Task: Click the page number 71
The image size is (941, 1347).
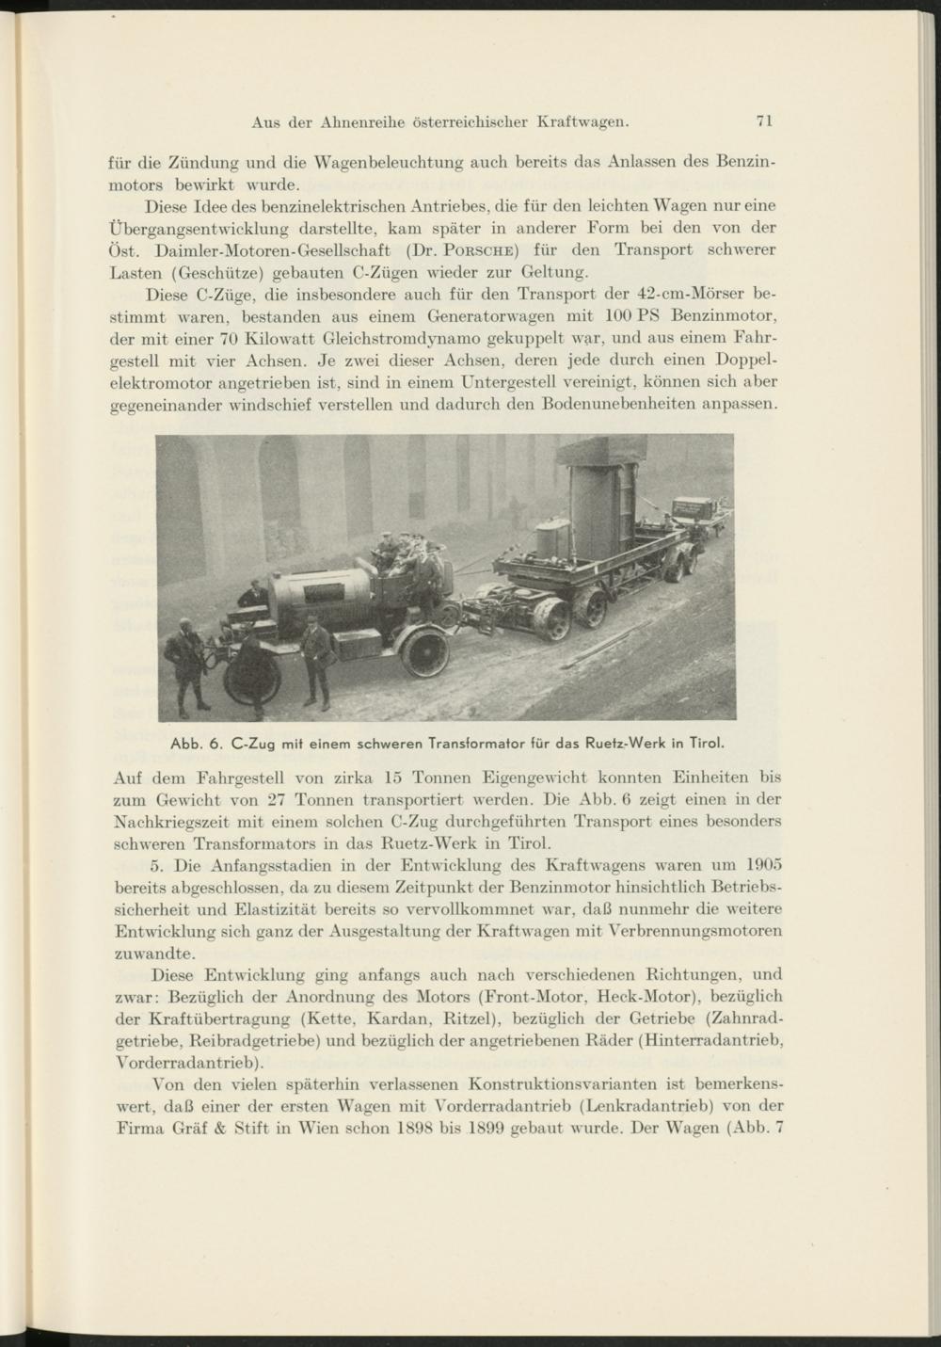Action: tap(763, 120)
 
